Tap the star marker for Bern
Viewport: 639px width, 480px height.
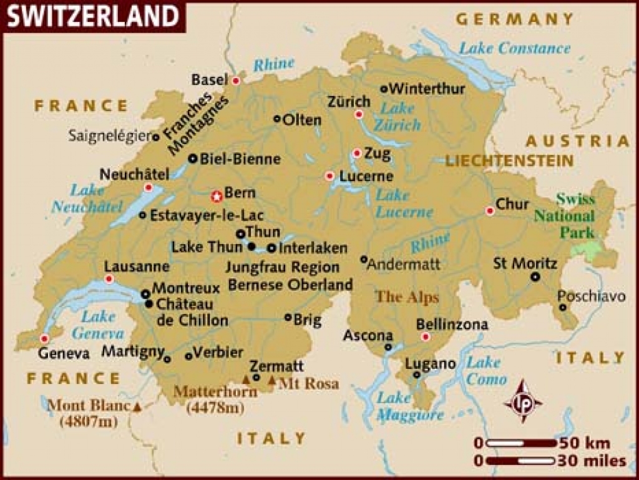pos(217,197)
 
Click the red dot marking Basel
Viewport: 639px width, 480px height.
pos(236,81)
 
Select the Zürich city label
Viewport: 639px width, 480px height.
pos(348,102)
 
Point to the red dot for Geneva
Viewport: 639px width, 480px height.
pos(44,338)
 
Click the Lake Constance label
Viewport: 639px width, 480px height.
pos(514,48)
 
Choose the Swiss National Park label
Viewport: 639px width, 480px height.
pos(575,216)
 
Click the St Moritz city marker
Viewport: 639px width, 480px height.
pos(535,277)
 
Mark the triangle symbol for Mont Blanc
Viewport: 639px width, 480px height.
pos(137,407)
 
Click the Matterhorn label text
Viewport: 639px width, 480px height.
pos(215,392)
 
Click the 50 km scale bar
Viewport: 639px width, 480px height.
pos(521,443)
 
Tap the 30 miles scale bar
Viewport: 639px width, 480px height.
pos(521,461)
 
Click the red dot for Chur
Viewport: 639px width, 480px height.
pos(490,211)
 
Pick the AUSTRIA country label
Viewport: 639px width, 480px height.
pos(577,140)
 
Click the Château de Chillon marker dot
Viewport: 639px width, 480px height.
pos(149,304)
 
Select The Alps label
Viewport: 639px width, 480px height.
pos(407,297)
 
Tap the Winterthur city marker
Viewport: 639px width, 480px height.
pos(384,89)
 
